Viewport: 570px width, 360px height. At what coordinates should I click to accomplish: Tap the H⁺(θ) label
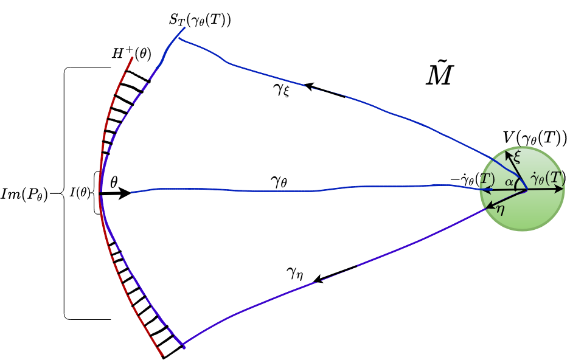[131, 54]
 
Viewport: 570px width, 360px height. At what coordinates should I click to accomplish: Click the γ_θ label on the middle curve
[282, 181]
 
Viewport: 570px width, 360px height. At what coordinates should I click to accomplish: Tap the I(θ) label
[79, 193]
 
